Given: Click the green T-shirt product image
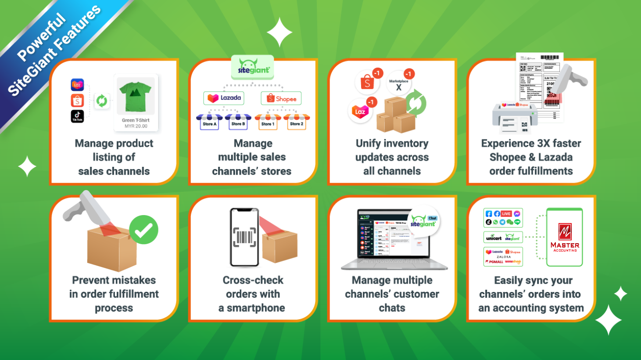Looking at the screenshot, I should [136, 95].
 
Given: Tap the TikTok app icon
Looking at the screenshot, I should [77, 116].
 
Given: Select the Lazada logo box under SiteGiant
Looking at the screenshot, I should [224, 98].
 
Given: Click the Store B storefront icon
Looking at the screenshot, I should [238, 121].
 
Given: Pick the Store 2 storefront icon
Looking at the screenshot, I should [297, 121].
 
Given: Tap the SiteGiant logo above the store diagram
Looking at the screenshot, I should [253, 67].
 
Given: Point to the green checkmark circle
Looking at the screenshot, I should [143, 230].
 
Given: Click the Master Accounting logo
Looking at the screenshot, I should [565, 238].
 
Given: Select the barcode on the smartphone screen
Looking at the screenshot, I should [244, 238].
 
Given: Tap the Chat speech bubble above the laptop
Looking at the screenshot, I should [432, 218].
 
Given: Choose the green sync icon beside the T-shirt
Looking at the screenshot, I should [102, 101].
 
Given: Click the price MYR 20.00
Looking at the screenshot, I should [136, 126].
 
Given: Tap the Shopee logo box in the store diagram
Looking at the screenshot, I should [281, 98].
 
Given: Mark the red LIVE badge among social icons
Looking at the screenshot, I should [506, 214].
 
